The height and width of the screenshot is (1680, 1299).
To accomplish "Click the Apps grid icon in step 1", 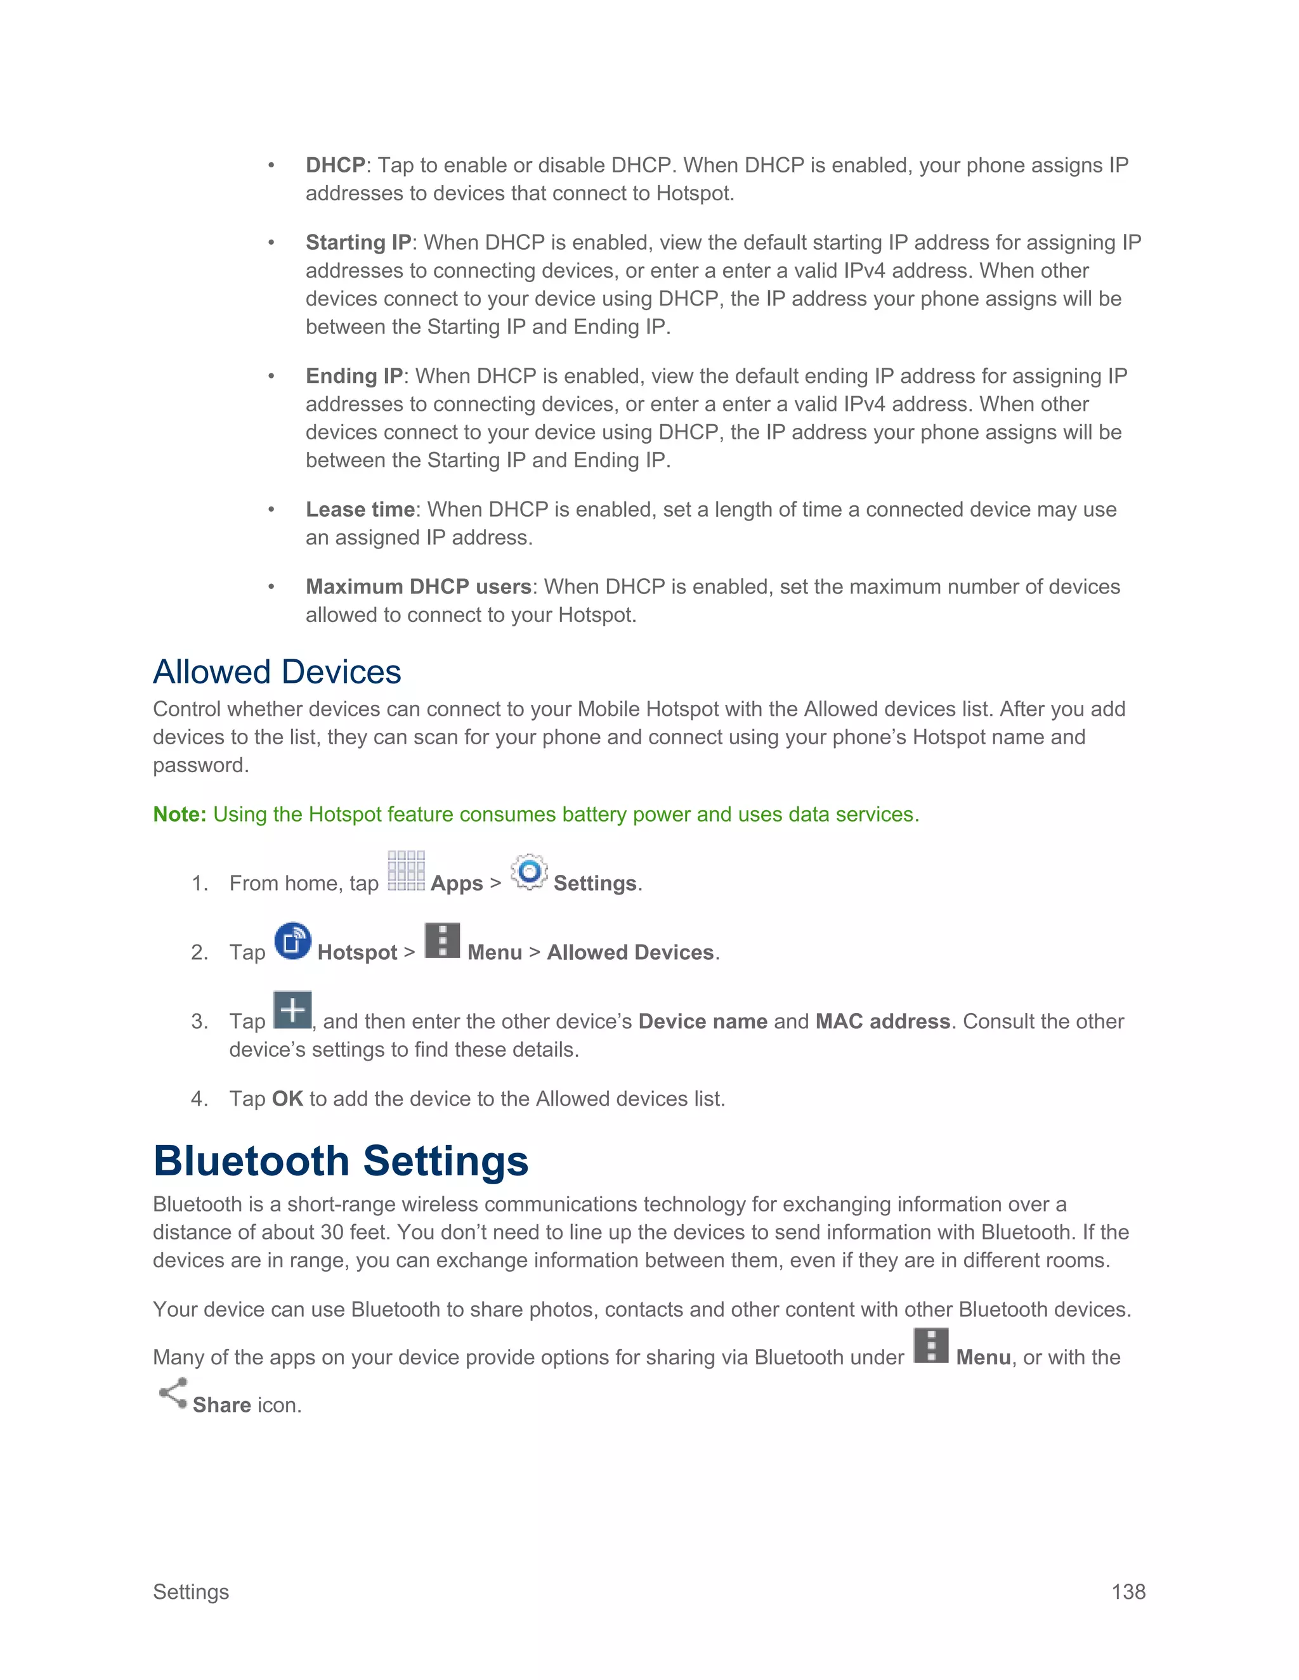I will (x=405, y=871).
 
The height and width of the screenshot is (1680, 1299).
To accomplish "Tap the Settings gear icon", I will (x=529, y=872).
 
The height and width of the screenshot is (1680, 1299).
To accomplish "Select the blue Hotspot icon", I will (x=292, y=941).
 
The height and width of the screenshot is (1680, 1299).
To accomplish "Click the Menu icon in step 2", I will (x=443, y=941).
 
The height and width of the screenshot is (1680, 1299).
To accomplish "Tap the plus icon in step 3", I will (x=292, y=1010).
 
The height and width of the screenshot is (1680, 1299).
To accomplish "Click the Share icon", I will (x=173, y=1393).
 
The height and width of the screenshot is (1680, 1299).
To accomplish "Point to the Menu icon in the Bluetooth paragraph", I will (x=931, y=1346).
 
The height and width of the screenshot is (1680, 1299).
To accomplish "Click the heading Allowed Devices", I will (x=277, y=671).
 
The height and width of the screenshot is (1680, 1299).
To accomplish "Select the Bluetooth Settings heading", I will (x=341, y=1161).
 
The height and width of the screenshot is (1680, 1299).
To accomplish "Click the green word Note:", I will (x=180, y=814).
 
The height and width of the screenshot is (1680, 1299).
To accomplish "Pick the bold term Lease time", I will (x=360, y=509).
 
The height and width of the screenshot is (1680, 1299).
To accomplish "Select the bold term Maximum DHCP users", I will (x=419, y=586).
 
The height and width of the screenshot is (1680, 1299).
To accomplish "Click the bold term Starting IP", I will (x=358, y=242).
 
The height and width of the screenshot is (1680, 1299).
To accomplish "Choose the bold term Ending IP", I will (x=354, y=375).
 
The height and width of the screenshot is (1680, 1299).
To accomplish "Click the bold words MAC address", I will (x=883, y=1021).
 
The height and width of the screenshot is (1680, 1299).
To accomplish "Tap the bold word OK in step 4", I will (x=287, y=1099).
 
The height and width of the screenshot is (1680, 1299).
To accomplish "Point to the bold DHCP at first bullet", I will (x=335, y=165).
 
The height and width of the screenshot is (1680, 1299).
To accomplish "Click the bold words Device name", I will (x=703, y=1021).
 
